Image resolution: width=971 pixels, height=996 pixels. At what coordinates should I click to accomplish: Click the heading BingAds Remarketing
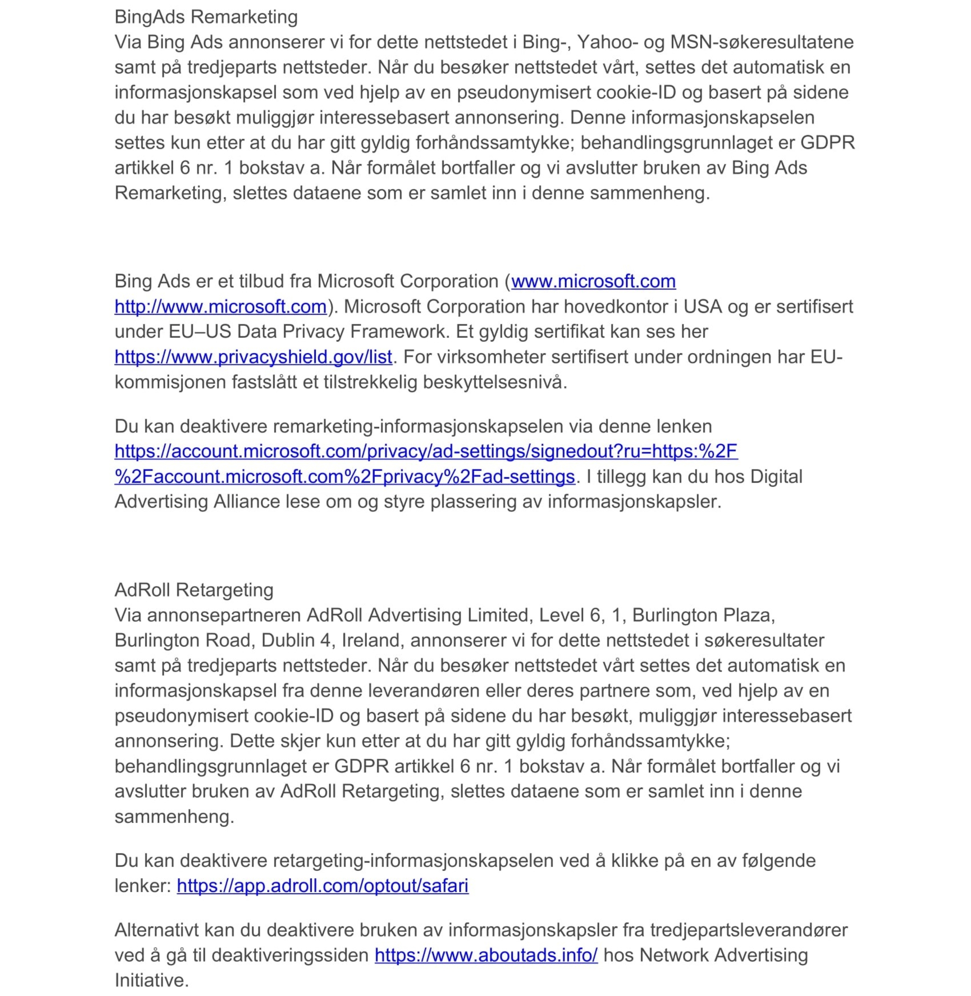pyautogui.click(x=206, y=17)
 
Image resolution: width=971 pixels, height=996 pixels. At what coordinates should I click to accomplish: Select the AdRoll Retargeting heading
pyautogui.click(x=194, y=590)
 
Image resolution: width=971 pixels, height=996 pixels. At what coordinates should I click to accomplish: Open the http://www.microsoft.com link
pyautogui.click(x=220, y=307)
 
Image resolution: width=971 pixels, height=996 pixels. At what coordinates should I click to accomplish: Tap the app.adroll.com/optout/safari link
pyautogui.click(x=322, y=886)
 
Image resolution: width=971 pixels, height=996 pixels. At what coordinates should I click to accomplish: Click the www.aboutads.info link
pyautogui.click(x=485, y=955)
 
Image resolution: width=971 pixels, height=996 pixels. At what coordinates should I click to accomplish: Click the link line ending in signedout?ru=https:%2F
pyautogui.click(x=426, y=451)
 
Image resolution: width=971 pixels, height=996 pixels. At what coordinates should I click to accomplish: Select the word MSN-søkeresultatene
pyautogui.click(x=761, y=42)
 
